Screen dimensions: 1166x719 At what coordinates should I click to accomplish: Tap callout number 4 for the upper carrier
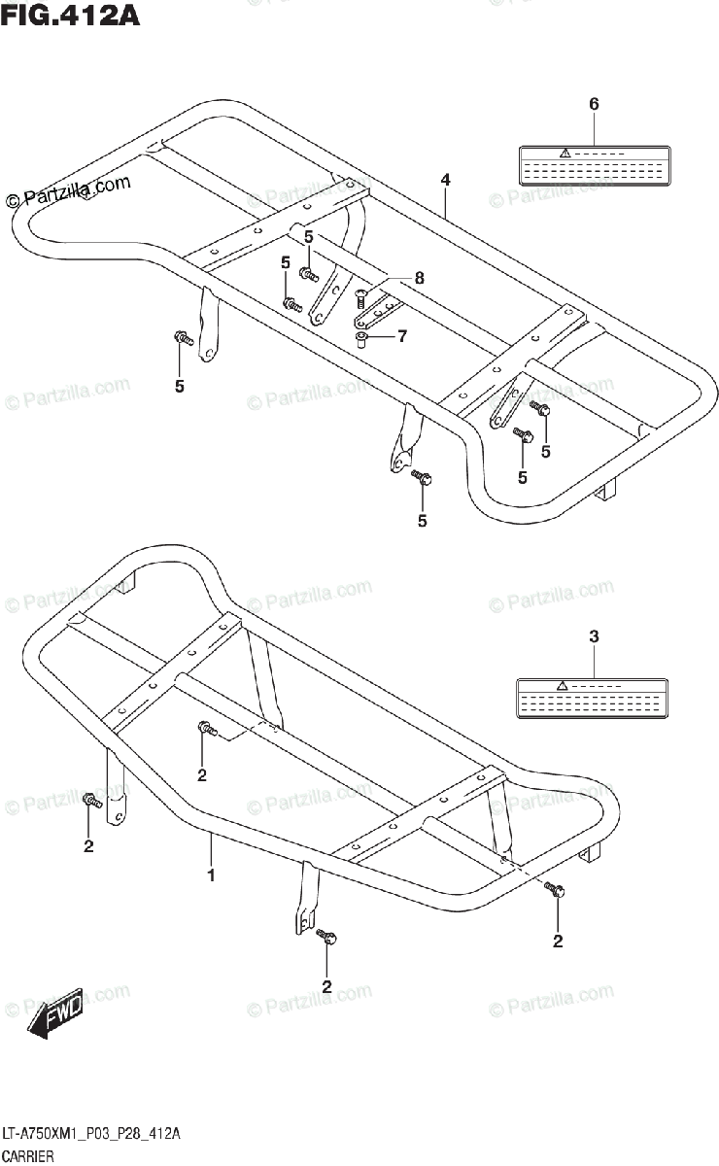[x=444, y=179]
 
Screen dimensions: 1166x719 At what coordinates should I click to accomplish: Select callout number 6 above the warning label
[x=594, y=104]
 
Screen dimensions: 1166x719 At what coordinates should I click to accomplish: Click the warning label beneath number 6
[x=594, y=165]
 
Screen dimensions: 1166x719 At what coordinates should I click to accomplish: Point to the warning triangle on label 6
[x=564, y=154]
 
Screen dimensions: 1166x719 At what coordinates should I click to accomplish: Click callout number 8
[x=419, y=278]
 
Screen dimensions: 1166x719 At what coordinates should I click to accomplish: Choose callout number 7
[x=401, y=336]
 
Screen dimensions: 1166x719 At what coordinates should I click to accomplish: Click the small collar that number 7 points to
[x=362, y=337]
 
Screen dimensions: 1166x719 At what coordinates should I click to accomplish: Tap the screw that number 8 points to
[x=362, y=294]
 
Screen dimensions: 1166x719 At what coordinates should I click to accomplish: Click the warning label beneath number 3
[x=594, y=699]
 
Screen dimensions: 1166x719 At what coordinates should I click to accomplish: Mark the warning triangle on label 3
[x=563, y=687]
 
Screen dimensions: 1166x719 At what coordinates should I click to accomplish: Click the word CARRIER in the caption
[x=28, y=1156]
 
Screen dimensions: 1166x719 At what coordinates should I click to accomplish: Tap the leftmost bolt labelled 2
[x=90, y=802]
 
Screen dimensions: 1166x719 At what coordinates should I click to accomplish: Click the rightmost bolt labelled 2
[x=553, y=888]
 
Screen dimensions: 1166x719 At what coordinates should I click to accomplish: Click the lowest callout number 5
[x=423, y=522]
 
